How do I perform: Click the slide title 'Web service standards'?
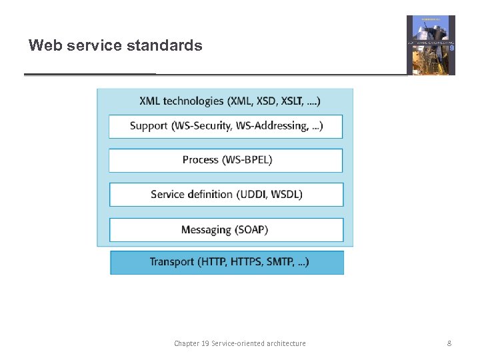pos(115,46)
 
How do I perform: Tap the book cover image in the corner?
pos(431,45)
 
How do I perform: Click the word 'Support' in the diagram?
pos(149,126)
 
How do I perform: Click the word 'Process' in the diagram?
pos(201,160)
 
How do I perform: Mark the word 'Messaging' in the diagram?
pos(205,230)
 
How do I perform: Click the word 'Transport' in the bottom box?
pos(171,262)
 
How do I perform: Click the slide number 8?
pos(449,343)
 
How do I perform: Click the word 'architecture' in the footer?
pos(283,343)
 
